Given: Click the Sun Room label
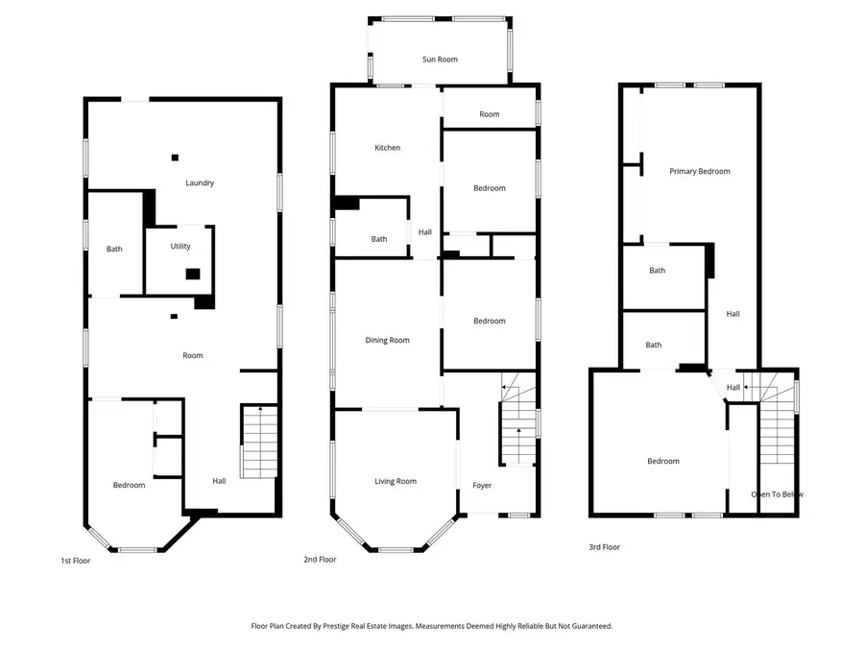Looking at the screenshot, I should pos(440,60).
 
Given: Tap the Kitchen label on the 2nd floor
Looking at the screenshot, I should pos(387,148).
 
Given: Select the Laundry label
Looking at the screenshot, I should pos(200,182).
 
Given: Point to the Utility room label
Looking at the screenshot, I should pos(180,247).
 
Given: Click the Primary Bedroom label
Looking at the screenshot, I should pos(699,171).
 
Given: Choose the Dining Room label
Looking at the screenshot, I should pos(387,340).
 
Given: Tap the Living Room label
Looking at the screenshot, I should pos(395,481).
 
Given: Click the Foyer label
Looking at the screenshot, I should pos(482,485).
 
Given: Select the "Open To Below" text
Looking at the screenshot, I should pos(777,494).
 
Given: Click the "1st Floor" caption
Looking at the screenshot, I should pos(75,561).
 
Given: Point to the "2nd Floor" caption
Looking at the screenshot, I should pos(321,559).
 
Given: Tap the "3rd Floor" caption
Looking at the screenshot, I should pos(604,547).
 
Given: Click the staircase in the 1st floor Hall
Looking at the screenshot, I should pos(259,442).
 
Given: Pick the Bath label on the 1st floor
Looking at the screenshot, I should pos(114,250).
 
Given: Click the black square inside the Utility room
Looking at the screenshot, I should pos(193,274).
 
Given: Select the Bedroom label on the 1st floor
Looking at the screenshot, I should pos(129,485).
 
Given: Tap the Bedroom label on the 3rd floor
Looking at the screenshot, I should pos(662,461).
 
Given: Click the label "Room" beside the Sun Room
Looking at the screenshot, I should pos(490,114).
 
